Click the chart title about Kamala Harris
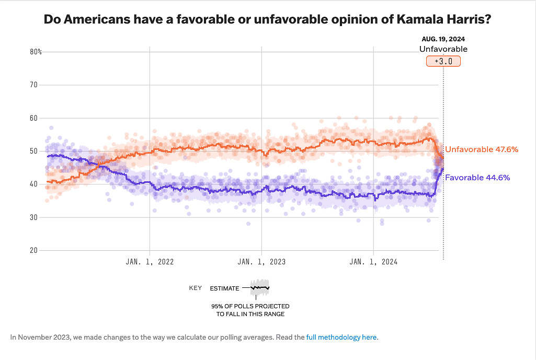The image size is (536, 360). pos(267,19)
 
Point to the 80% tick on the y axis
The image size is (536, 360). pos(36,52)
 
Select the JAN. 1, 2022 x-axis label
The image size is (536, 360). pos(150,262)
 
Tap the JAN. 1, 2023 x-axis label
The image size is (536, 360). pos(261,262)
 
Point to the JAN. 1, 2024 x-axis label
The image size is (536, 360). pos(373,262)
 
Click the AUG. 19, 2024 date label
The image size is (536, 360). pos(443,39)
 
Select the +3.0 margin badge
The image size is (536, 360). pos(443,61)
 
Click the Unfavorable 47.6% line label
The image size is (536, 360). pos(482,149)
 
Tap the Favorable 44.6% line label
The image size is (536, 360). pos(477,178)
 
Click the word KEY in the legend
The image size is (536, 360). pos(196,288)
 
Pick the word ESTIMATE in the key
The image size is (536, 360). pos(224,288)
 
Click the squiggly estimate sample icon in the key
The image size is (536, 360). pos(259,287)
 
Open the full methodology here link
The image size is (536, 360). pos(341,337)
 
